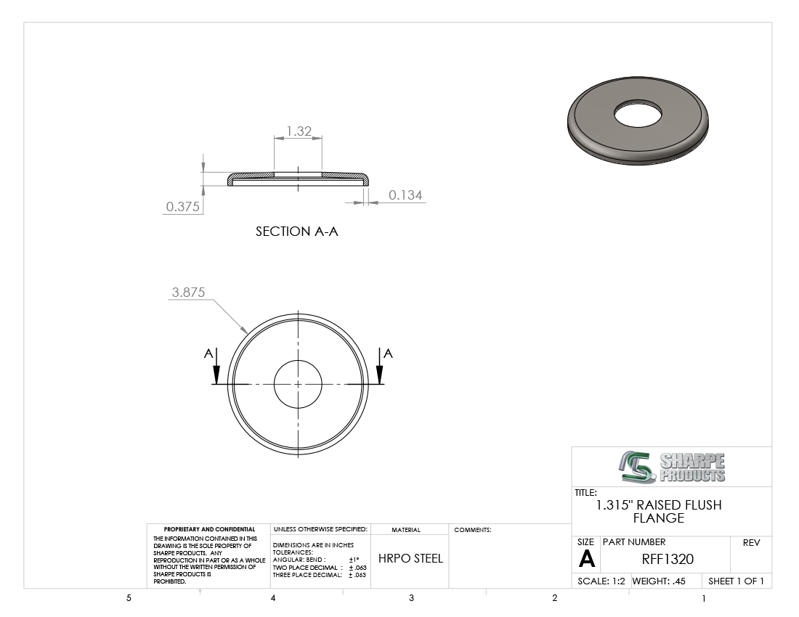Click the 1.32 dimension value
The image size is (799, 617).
click(299, 131)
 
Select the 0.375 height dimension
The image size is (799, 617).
click(182, 207)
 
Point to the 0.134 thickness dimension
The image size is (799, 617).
click(405, 195)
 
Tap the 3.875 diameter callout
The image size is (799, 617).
click(188, 293)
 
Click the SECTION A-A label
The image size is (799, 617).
click(296, 232)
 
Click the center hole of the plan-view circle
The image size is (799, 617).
click(298, 384)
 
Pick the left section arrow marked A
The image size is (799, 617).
click(216, 367)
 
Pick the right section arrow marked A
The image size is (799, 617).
click(380, 367)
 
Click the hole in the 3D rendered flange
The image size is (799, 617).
click(638, 113)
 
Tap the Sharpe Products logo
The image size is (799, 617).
click(672, 467)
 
